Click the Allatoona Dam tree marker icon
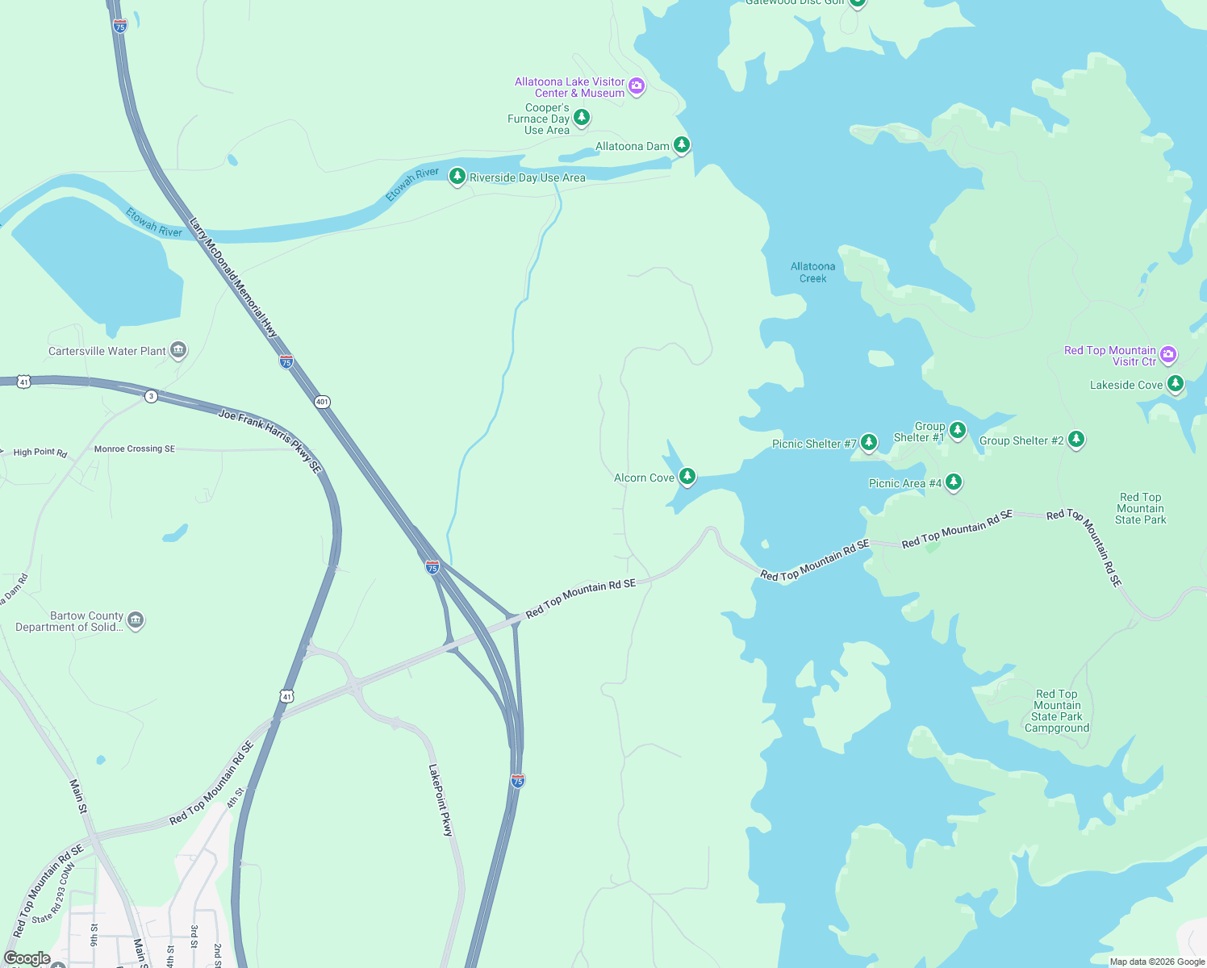click(682, 145)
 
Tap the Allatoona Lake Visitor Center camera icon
click(637, 86)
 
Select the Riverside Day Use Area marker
click(457, 176)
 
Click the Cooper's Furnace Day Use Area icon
click(581, 118)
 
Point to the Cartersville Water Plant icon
click(178, 350)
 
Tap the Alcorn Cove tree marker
click(687, 476)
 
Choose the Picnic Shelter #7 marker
click(869, 442)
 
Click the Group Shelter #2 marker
click(1075, 439)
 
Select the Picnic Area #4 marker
click(954, 482)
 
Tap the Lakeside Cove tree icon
click(1176, 383)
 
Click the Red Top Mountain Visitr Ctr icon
click(1168, 354)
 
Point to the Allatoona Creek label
click(812, 273)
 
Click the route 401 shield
click(322, 402)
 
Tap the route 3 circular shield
click(151, 396)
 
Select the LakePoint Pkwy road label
click(441, 800)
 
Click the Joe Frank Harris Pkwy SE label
click(270, 440)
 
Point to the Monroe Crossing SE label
click(134, 449)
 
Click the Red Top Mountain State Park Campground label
click(1057, 711)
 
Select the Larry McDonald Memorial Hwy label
click(233, 277)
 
